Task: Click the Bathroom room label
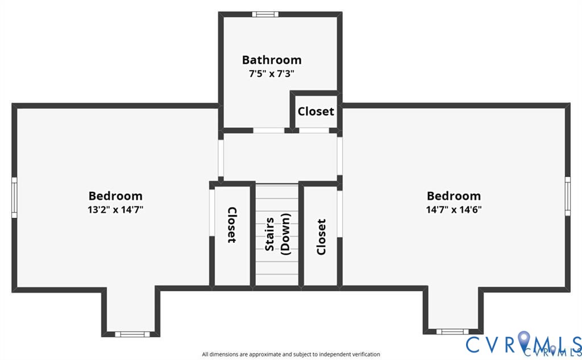(272, 60)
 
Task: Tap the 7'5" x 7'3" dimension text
(272, 73)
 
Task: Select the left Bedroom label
(115, 196)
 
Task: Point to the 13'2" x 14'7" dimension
(115, 209)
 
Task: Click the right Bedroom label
(454, 196)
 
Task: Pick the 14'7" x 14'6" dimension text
(454, 209)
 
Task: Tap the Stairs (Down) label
(277, 234)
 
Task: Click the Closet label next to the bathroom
(316, 111)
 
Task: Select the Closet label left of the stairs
(232, 225)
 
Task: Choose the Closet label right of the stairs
(321, 237)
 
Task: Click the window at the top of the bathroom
(263, 14)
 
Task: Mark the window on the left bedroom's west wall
(14, 197)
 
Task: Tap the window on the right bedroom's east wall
(567, 196)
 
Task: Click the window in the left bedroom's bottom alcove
(130, 334)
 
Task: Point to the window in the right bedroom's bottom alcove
(452, 331)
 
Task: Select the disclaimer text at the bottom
(291, 354)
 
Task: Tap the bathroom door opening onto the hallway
(269, 130)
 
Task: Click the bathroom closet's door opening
(314, 130)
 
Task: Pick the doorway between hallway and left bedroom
(221, 156)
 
